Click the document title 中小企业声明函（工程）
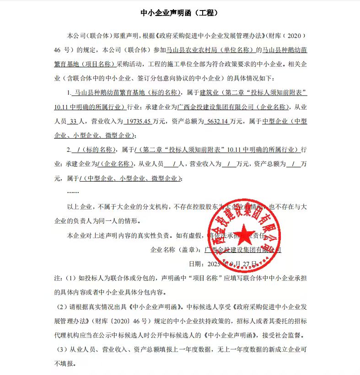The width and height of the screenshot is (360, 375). click(179, 13)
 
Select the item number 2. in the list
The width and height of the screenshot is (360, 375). click(69, 150)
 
